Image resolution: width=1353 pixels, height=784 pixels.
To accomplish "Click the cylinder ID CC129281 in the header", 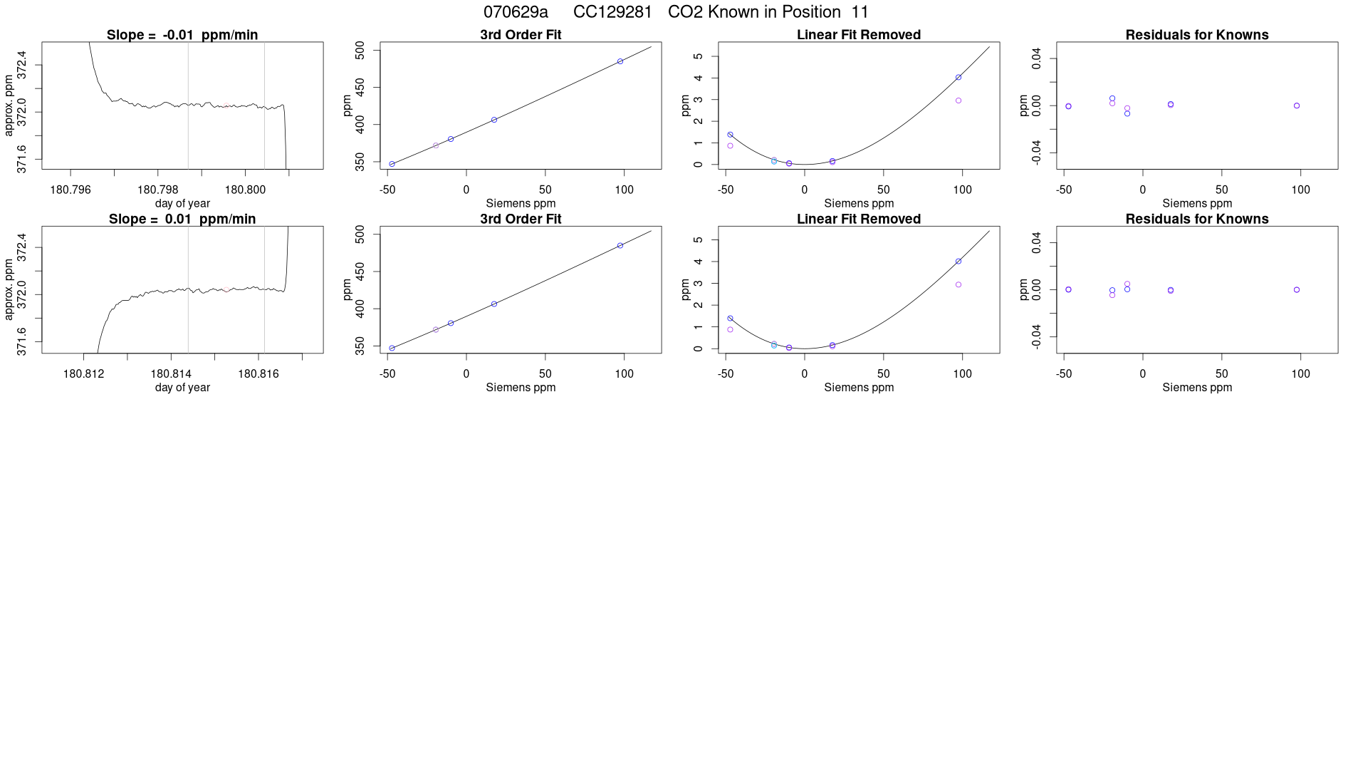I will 612,12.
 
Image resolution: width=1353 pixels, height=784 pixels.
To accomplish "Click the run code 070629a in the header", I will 516,12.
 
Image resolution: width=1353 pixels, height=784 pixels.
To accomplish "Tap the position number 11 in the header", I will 860,12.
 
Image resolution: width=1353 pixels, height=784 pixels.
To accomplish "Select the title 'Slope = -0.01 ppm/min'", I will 182,35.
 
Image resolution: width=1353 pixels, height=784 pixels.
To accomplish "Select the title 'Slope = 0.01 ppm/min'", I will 182,219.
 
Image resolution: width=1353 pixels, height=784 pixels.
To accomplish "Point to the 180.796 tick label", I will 70,190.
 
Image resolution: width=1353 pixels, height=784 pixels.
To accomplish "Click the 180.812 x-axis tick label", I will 84,373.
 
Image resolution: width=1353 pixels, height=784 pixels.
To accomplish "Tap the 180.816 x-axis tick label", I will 258,373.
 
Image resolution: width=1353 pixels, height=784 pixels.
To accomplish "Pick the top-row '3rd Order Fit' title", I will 521,35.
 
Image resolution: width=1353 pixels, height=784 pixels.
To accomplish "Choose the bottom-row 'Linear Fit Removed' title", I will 859,219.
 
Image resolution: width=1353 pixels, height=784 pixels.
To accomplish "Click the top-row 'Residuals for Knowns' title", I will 1197,35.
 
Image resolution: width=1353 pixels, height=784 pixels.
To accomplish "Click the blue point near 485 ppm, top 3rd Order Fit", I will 620,61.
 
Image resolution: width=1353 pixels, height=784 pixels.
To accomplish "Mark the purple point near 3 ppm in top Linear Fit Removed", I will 958,100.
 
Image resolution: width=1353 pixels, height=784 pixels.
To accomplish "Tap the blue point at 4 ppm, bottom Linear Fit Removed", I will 958,262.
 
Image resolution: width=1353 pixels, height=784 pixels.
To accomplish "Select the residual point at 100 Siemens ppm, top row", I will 1297,105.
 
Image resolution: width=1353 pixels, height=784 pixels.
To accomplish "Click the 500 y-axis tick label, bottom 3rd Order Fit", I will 360,234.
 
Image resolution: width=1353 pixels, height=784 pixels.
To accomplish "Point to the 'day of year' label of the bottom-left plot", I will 182,388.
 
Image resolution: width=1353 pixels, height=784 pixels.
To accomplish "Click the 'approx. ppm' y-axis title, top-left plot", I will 9,105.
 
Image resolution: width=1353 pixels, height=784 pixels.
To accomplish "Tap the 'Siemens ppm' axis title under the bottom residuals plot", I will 1197,388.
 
